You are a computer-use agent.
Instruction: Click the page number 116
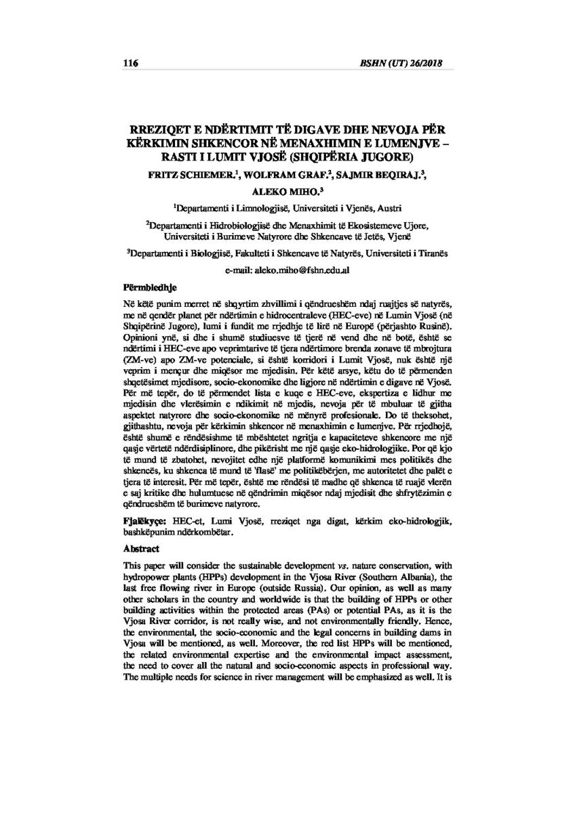[x=130, y=63]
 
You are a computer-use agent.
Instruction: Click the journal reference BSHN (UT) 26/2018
[x=408, y=63]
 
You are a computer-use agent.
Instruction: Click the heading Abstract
[x=140, y=549]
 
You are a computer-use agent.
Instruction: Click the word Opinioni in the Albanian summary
[x=139, y=335]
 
